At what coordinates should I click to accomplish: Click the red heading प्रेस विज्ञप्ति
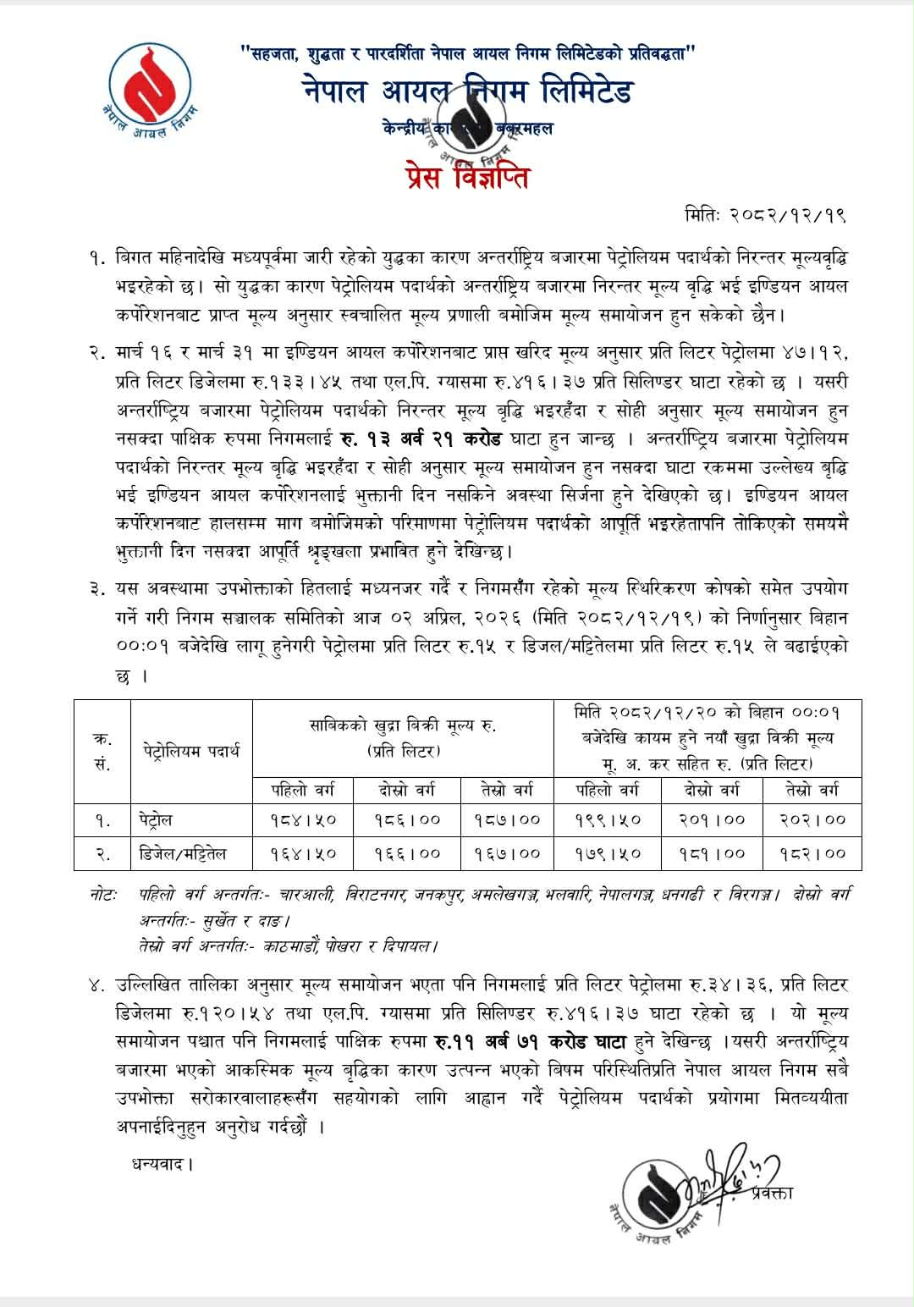[468, 178]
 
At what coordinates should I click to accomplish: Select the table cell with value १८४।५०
[303, 820]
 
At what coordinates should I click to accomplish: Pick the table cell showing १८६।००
[407, 820]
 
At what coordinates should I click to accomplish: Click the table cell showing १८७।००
[507, 820]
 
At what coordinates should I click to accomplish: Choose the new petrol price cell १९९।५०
[607, 820]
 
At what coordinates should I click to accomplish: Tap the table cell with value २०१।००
[712, 820]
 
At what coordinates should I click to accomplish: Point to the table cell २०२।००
[812, 820]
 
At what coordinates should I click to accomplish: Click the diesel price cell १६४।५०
[303, 853]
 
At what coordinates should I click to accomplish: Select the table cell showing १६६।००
[407, 853]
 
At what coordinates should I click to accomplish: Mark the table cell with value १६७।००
[507, 853]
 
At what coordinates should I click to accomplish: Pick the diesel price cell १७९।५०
[607, 853]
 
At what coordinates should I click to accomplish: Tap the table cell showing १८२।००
[812, 853]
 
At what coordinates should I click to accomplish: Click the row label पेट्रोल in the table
[157, 820]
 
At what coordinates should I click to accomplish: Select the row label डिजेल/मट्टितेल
[183, 853]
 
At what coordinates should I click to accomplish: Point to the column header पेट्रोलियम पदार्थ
[191, 751]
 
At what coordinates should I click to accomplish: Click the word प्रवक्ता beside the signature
[771, 1193]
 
